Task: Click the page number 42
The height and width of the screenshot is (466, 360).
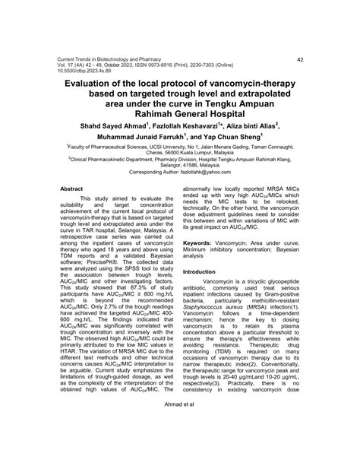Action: pos(300,59)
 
